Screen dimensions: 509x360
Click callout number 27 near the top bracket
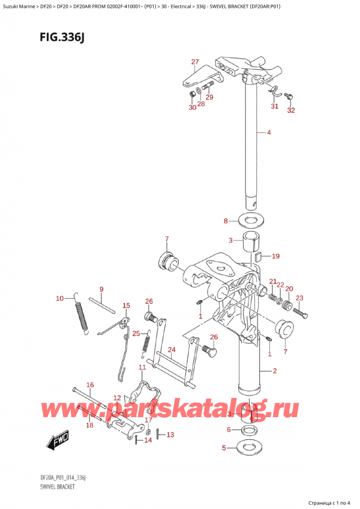click(194, 62)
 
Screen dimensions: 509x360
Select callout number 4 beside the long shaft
click(269, 133)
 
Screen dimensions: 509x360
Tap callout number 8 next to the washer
click(226, 221)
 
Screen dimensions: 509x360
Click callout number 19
click(275, 256)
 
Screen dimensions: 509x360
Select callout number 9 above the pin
click(101, 289)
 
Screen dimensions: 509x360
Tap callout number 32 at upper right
click(292, 110)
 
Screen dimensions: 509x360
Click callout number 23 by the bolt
click(300, 298)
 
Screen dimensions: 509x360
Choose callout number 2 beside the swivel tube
click(274, 371)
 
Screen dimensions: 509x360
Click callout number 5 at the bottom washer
click(224, 447)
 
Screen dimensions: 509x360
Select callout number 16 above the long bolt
click(90, 385)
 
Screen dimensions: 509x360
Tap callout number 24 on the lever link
click(171, 349)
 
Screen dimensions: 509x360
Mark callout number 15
click(126, 306)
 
